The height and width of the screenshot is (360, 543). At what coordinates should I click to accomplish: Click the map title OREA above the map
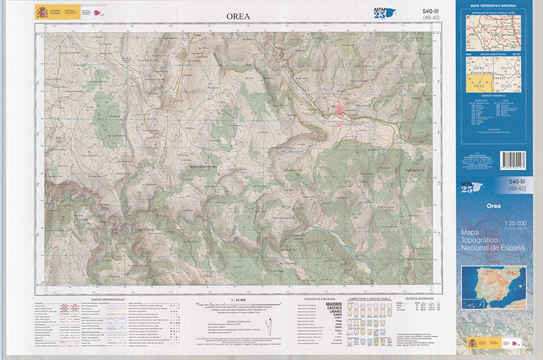point(238,16)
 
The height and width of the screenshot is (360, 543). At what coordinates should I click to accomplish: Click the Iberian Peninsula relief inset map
point(493,281)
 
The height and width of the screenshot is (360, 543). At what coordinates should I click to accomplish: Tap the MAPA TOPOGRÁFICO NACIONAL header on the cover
point(495,5)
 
